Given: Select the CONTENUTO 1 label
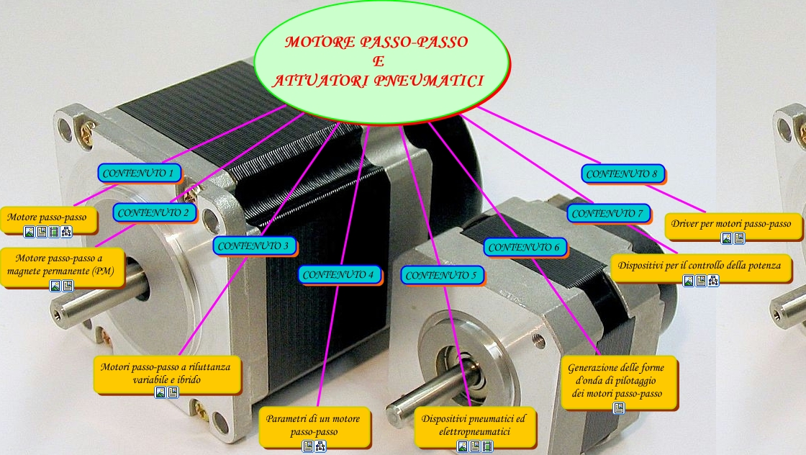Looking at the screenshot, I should click(139, 173).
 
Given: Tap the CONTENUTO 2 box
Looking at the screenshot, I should click(154, 212).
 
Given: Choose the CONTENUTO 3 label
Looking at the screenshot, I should click(255, 245).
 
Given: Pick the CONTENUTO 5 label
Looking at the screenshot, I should click(441, 275).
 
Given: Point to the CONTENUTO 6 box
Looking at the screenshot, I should click(524, 247).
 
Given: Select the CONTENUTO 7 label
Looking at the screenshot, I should click(607, 213).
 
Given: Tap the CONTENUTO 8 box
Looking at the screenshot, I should click(622, 174).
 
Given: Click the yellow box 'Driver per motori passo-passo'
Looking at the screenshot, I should click(731, 224).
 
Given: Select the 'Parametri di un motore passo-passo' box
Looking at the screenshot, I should click(314, 425).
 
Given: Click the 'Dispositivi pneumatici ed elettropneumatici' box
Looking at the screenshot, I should click(474, 425).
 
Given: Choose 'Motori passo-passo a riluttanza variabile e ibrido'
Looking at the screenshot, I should click(166, 372).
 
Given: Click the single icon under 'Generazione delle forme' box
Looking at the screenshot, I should click(618, 408).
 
